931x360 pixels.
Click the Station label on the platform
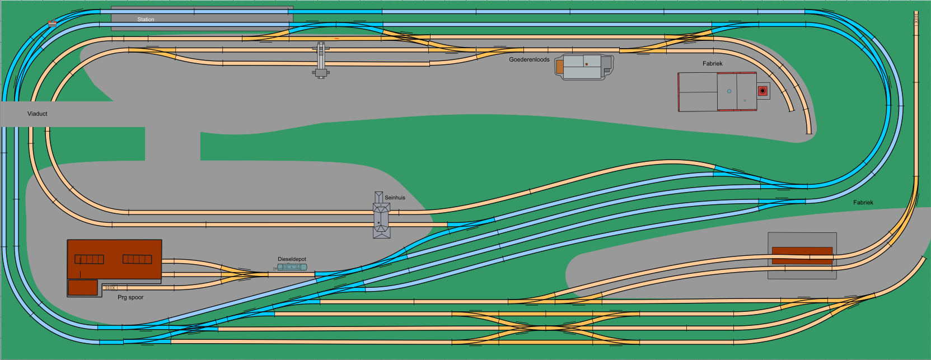click(x=146, y=20)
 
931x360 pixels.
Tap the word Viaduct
click(x=38, y=114)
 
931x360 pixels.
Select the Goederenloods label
click(x=529, y=59)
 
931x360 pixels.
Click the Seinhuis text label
click(x=395, y=198)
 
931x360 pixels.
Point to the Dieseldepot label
click(x=292, y=259)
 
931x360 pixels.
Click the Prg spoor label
click(x=130, y=297)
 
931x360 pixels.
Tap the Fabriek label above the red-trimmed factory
click(x=712, y=64)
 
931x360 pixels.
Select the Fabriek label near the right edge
click(x=863, y=203)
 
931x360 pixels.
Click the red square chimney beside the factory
click(x=762, y=91)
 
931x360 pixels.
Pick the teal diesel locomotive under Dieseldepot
click(x=292, y=268)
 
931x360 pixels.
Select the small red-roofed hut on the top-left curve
click(x=52, y=24)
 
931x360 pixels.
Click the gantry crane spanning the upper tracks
click(x=321, y=59)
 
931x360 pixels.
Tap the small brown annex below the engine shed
click(x=83, y=288)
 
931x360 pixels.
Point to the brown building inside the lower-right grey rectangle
click(x=802, y=255)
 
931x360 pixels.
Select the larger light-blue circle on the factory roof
click(x=729, y=91)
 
